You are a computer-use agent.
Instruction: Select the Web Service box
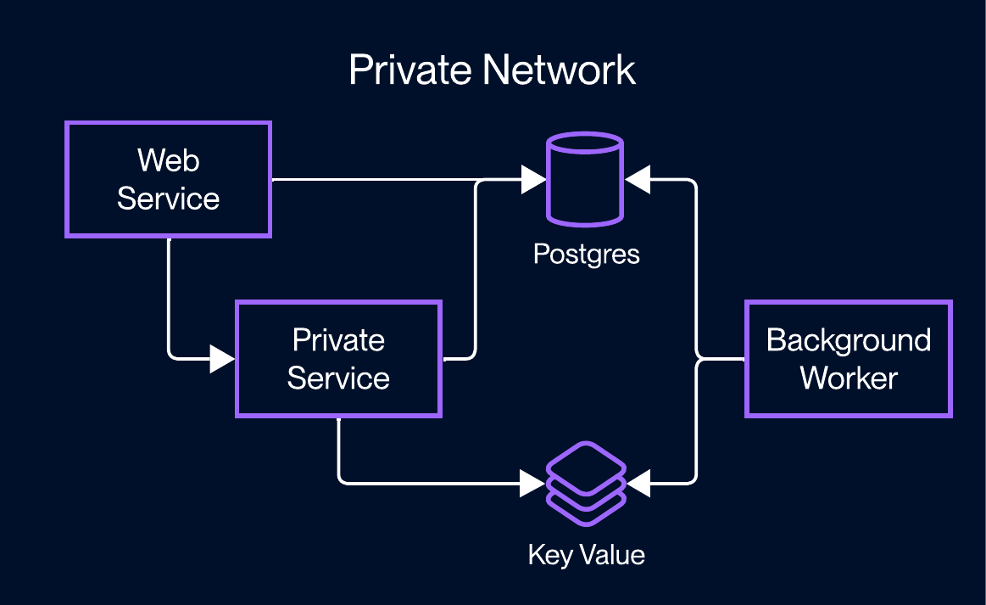tap(168, 179)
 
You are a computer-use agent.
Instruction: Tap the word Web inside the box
tap(168, 160)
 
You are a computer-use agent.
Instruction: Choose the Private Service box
tap(338, 358)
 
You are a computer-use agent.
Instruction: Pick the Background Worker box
tap(848, 358)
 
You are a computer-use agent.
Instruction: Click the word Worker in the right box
tap(848, 378)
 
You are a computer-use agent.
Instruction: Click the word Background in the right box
tap(848, 340)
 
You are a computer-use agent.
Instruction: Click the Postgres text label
tap(586, 254)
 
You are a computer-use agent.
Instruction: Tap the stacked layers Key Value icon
tap(586, 484)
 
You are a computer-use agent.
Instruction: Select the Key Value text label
tap(586, 555)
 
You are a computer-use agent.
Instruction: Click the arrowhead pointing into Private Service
tap(222, 359)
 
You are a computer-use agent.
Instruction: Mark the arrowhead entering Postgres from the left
tap(534, 179)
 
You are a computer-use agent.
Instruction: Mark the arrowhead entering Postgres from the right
tap(637, 179)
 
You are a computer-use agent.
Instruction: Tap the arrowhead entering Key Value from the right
tap(638, 484)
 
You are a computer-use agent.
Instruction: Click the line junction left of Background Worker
tap(697, 360)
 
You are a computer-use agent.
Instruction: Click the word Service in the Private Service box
tap(338, 378)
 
